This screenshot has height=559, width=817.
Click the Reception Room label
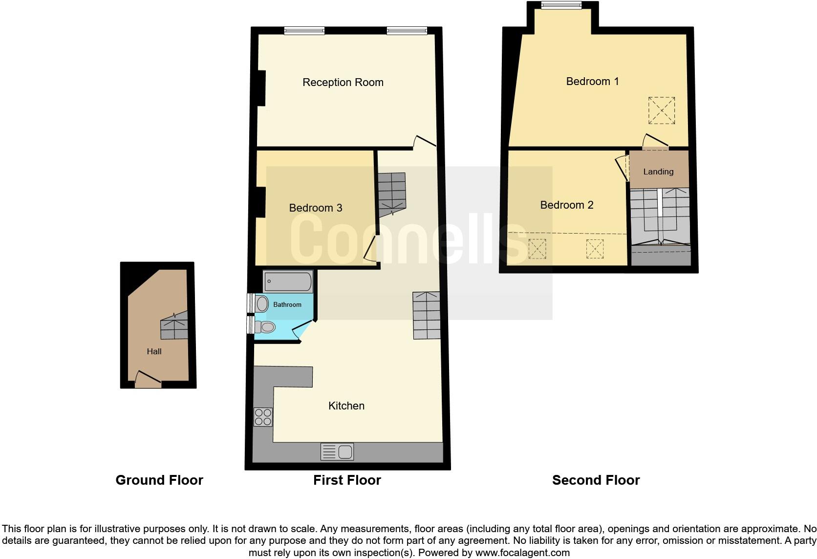343,82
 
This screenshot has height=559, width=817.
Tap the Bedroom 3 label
315,208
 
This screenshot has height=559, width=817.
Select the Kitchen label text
346,406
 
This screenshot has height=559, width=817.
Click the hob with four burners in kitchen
263,416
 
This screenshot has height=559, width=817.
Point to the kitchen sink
338,451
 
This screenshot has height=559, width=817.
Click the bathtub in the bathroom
288,281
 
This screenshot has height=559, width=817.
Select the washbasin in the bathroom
262,304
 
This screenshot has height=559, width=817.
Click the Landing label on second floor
658,172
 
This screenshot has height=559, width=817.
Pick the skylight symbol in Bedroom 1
662,111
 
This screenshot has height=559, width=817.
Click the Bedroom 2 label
566,205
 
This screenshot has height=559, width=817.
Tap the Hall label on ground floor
154,351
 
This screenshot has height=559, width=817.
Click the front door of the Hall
148,380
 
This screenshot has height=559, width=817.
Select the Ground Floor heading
159,480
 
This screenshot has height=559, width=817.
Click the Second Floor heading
596,480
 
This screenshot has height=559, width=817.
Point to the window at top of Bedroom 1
561,5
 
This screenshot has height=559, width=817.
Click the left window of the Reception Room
304,31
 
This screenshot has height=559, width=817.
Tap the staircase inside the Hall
174,326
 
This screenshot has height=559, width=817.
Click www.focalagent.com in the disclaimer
522,553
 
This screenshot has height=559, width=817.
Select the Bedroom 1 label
592,81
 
